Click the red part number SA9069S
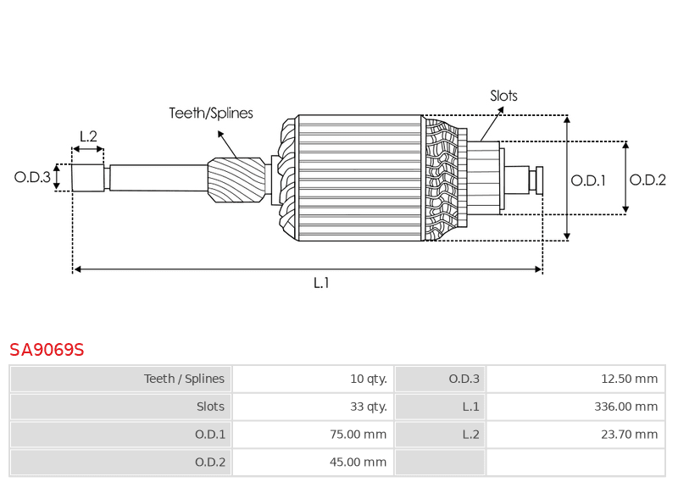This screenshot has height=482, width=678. pyautogui.click(x=47, y=350)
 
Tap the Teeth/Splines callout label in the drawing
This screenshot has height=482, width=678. pyautogui.click(x=211, y=113)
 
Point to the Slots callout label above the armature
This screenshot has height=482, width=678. pyautogui.click(x=503, y=96)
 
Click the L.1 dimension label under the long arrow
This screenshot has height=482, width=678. pyautogui.click(x=321, y=283)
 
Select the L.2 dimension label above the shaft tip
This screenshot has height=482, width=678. pyautogui.click(x=88, y=136)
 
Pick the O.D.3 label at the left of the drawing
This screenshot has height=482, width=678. pyautogui.click(x=32, y=177)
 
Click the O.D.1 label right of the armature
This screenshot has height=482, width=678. pyautogui.click(x=588, y=180)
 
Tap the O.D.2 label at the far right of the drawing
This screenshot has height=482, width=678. pyautogui.click(x=648, y=180)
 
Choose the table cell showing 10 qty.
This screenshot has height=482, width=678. pyautogui.click(x=368, y=379)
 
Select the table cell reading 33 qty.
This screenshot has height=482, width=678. pyautogui.click(x=368, y=407)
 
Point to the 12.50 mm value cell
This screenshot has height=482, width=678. pyautogui.click(x=630, y=379)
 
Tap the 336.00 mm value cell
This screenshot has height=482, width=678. pyautogui.click(x=626, y=407)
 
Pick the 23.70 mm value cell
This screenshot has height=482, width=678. pyautogui.click(x=630, y=435)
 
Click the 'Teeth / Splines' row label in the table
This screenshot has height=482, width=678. pyautogui.click(x=184, y=379)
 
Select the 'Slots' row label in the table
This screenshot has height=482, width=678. pyautogui.click(x=210, y=407)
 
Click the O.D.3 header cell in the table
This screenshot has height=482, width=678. pyautogui.click(x=464, y=379)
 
